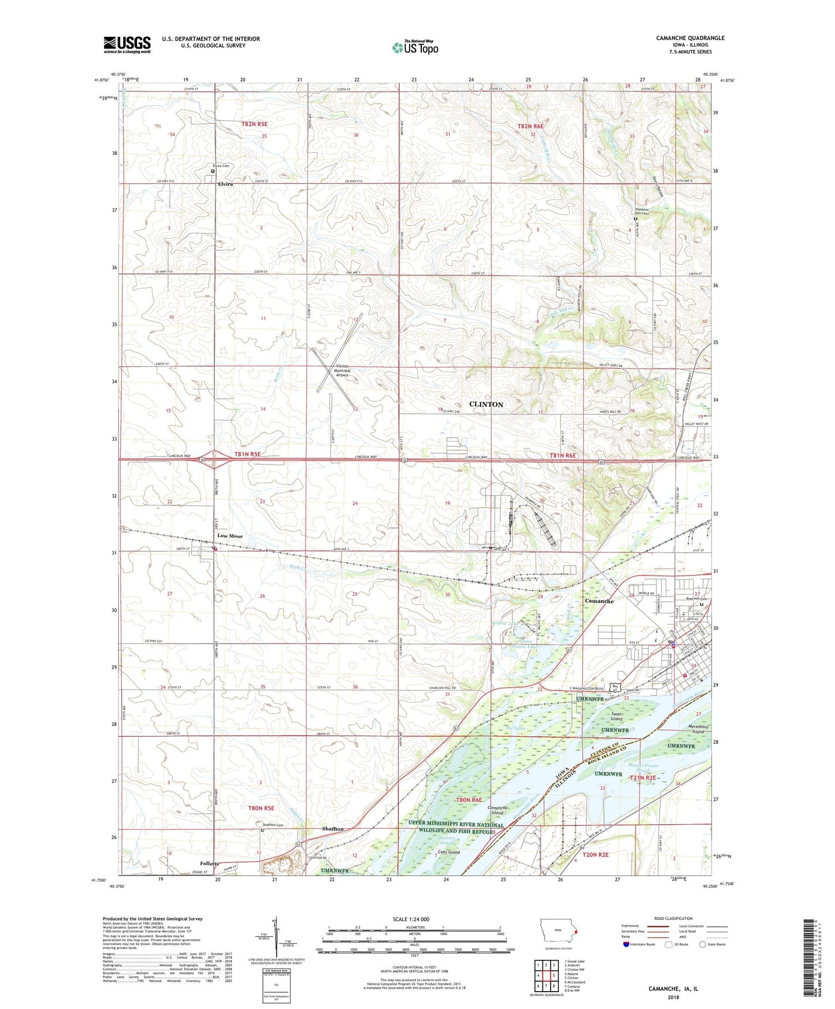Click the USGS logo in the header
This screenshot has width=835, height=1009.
tap(127, 44)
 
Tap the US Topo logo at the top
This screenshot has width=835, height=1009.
tap(414, 47)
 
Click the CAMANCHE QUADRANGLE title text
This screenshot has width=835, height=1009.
tap(690, 38)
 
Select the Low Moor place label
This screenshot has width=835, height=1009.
tap(230, 536)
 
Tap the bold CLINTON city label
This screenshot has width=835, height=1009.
tap(486, 404)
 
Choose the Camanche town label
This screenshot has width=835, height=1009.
tap(599, 601)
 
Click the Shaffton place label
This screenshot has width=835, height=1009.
tap(333, 829)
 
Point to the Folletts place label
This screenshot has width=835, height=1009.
tap(206, 863)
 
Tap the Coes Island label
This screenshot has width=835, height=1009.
tap(449, 852)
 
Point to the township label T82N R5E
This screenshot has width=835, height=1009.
tap(254, 124)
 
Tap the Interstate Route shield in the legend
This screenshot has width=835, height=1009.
tap(626, 944)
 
